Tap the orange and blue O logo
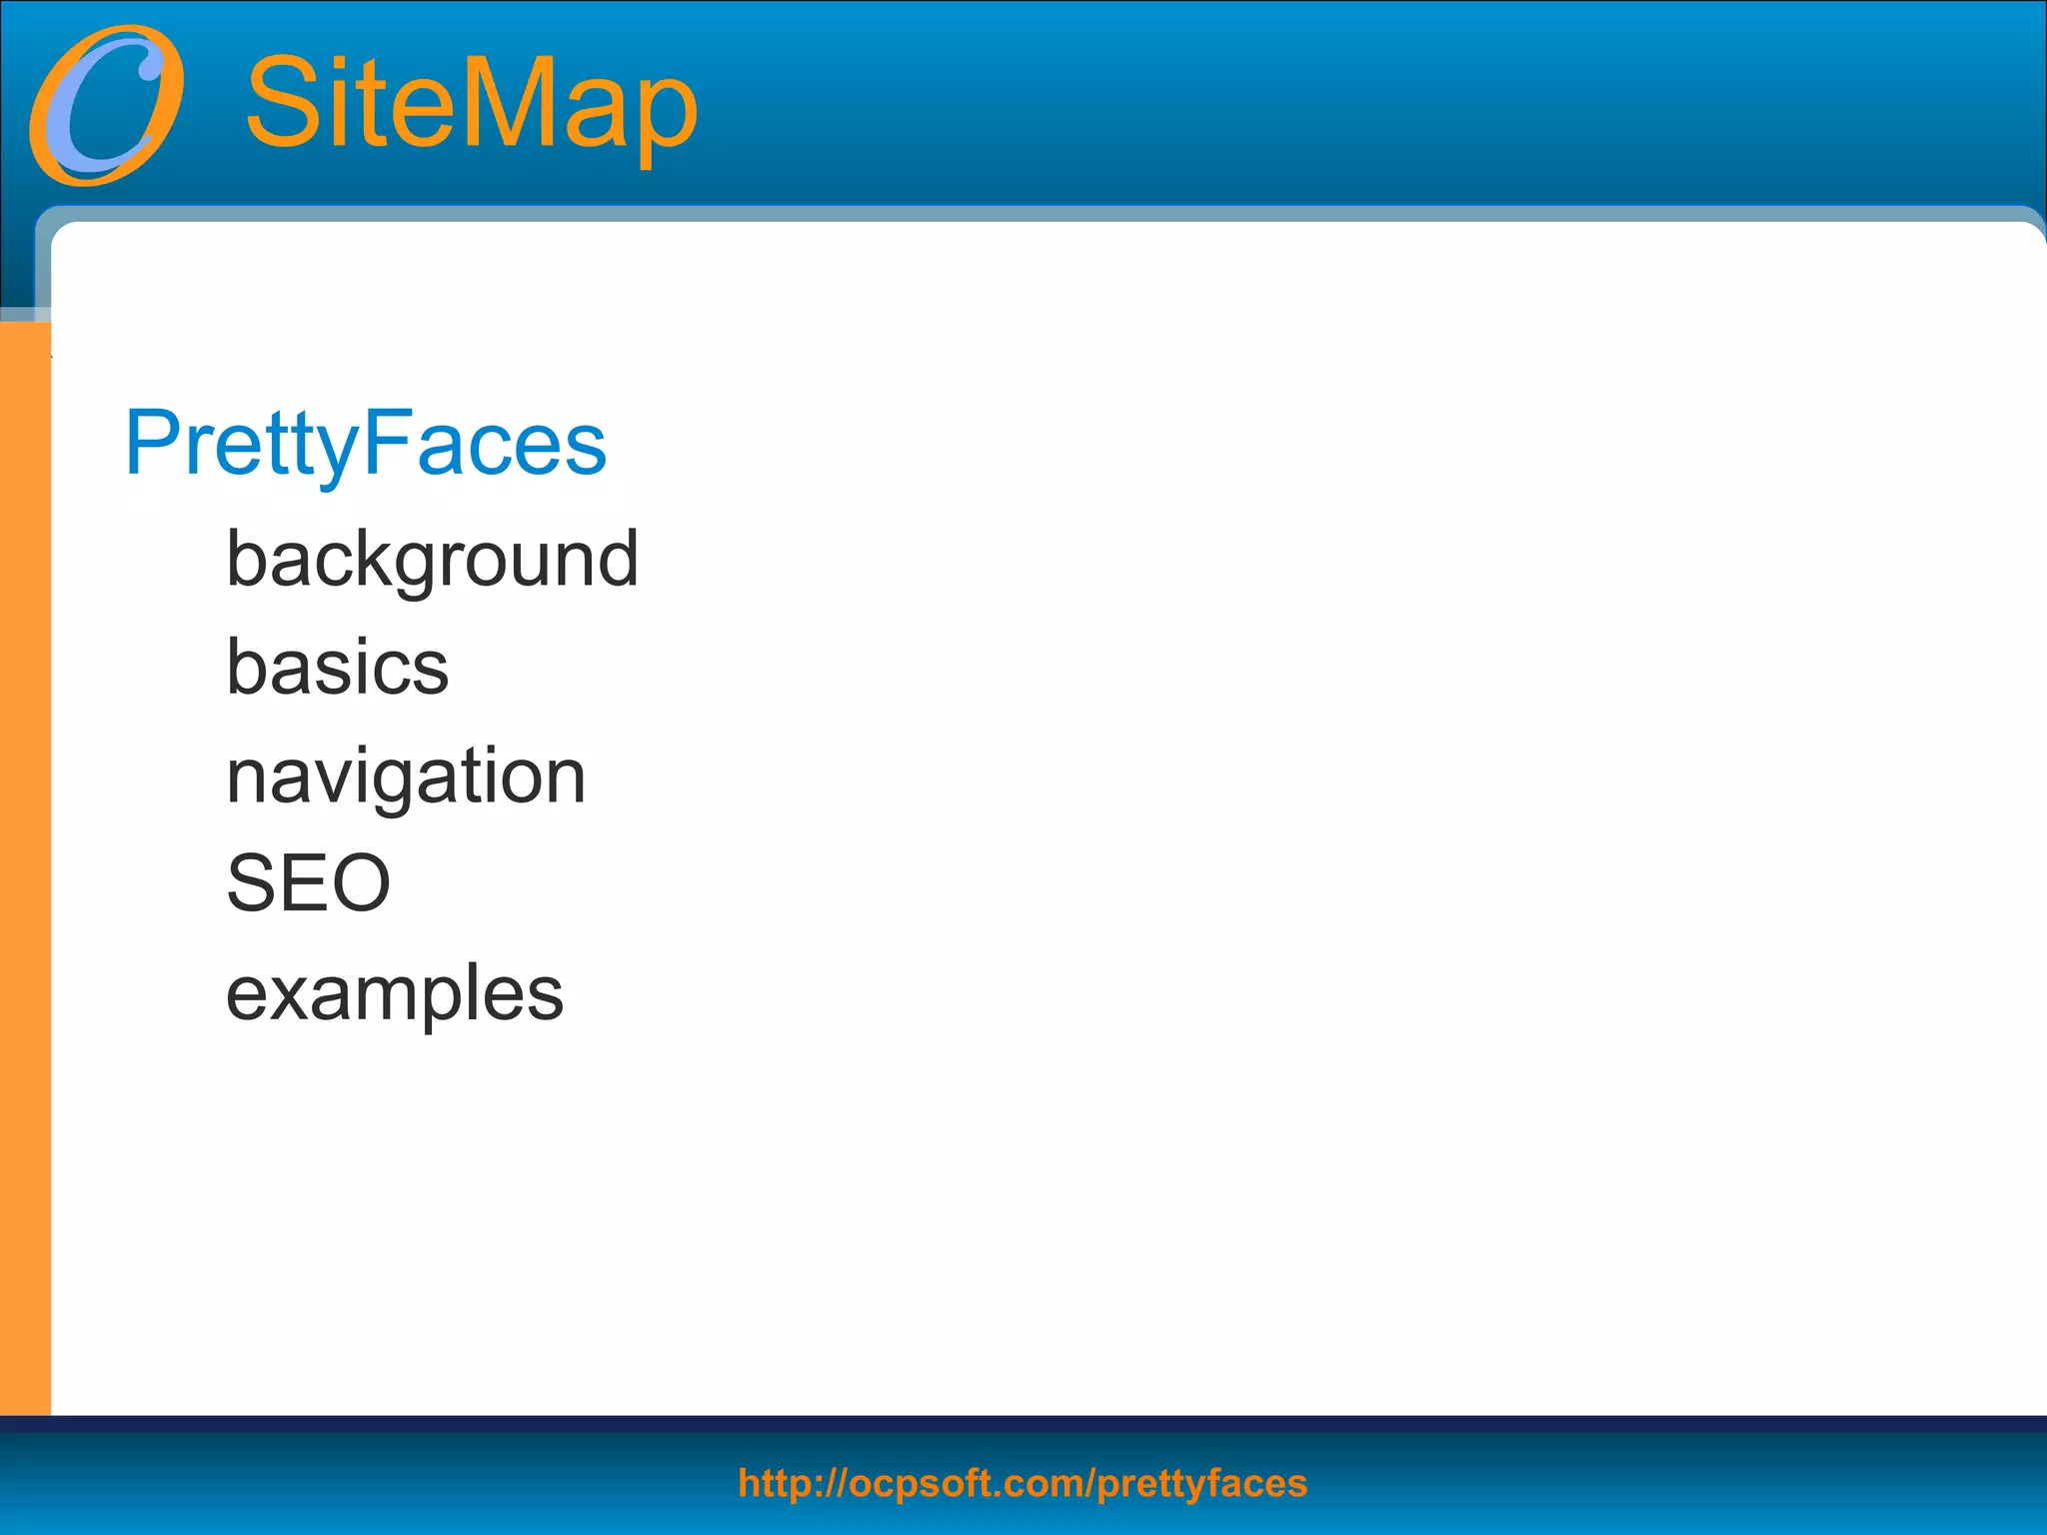[107, 106]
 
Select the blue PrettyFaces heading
[365, 443]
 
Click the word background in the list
[432, 560]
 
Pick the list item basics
[337, 668]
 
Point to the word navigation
[405, 776]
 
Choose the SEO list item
[308, 883]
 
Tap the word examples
[395, 993]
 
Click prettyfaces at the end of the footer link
[1202, 1484]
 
